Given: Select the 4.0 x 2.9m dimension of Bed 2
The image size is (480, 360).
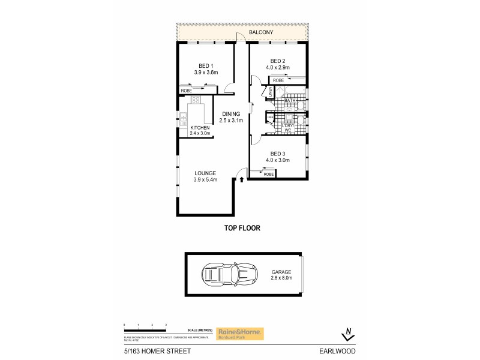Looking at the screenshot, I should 278,68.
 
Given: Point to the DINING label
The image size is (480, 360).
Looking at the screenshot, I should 231,114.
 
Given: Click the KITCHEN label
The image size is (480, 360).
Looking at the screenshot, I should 200,128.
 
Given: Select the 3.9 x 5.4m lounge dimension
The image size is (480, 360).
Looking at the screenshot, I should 205,179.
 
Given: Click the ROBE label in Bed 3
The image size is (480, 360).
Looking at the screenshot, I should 268,174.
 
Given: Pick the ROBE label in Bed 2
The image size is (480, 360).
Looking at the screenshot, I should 278,80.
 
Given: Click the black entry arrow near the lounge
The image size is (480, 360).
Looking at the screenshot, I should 241,178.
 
